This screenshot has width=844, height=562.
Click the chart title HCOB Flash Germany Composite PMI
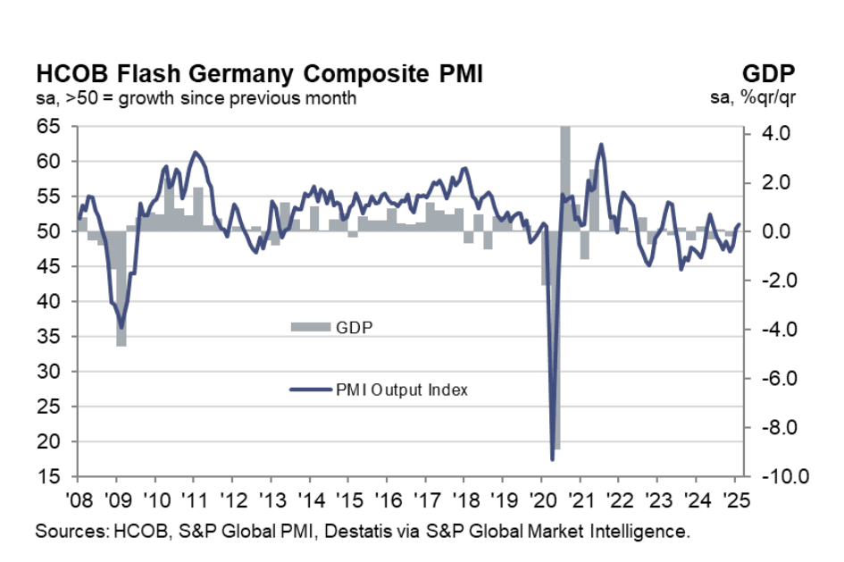click(259, 74)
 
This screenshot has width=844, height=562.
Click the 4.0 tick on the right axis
click(767, 134)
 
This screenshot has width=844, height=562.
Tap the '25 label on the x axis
click(736, 499)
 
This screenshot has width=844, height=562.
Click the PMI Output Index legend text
click(401, 390)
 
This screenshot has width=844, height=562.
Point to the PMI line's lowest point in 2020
click(552, 459)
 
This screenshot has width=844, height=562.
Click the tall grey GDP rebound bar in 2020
click(564, 179)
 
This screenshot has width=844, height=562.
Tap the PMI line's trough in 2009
click(121, 328)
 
